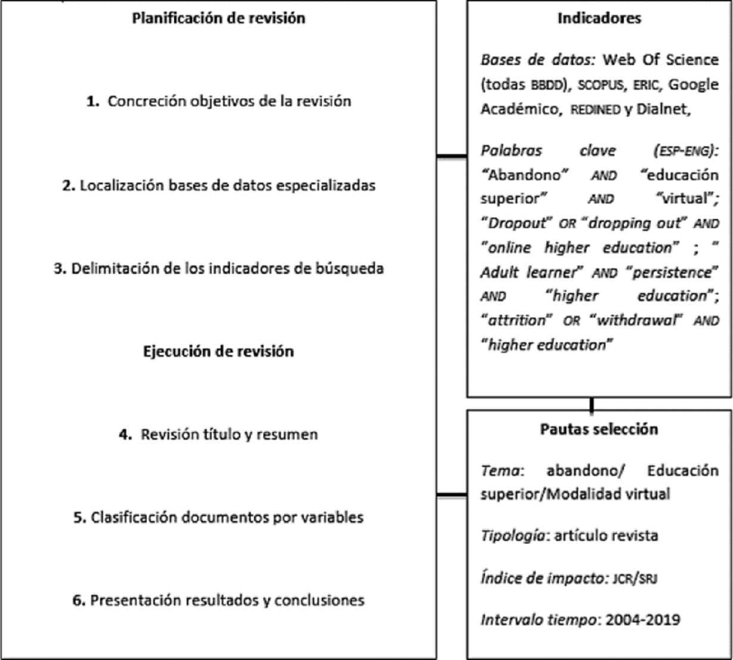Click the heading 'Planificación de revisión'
[218, 18]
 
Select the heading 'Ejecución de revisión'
[218, 351]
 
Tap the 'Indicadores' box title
[599, 18]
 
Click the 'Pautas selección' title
[599, 429]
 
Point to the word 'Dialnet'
[661, 110]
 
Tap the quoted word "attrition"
[517, 320]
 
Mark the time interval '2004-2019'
[642, 619]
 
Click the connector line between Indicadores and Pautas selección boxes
[592, 404]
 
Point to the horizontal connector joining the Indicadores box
[452, 157]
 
